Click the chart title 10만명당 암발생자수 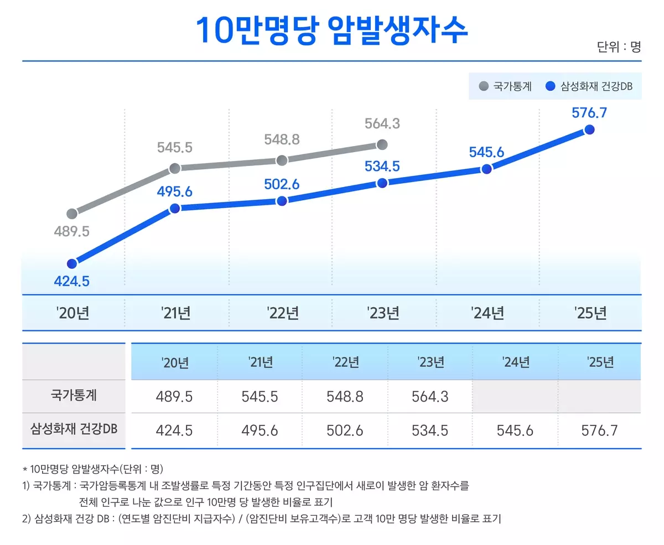pos(332,30)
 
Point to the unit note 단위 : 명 pos(619,46)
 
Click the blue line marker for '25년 pos(589,129)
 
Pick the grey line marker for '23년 pos(381,145)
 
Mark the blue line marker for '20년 pos(71,263)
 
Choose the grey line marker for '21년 pos(174,168)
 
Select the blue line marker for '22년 pos(282,201)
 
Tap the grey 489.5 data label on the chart pos(71,231)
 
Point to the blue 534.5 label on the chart pos(381,166)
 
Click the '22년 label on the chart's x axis pos(282,313)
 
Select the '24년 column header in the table pos(516,362)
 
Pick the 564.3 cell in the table pos(430,397)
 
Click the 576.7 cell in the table pos(600,430)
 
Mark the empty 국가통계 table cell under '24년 pos(516,397)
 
